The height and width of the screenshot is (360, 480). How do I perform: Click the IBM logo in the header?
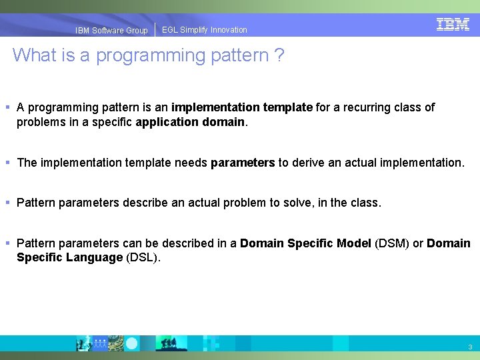point(453,25)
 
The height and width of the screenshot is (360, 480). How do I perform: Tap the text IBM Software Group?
point(111,31)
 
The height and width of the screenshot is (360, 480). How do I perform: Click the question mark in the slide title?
point(279,55)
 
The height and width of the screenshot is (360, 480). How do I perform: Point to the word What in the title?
point(34,55)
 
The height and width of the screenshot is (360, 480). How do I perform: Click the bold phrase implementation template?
point(242,107)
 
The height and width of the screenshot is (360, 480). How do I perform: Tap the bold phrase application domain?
point(191,122)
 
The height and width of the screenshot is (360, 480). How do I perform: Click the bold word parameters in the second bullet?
point(243,163)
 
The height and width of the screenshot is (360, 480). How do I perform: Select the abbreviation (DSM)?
point(392,243)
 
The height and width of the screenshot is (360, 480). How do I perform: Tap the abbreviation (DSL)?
point(143,257)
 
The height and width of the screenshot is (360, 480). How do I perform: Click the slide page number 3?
point(470,347)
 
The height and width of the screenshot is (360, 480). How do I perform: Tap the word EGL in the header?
point(170,30)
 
